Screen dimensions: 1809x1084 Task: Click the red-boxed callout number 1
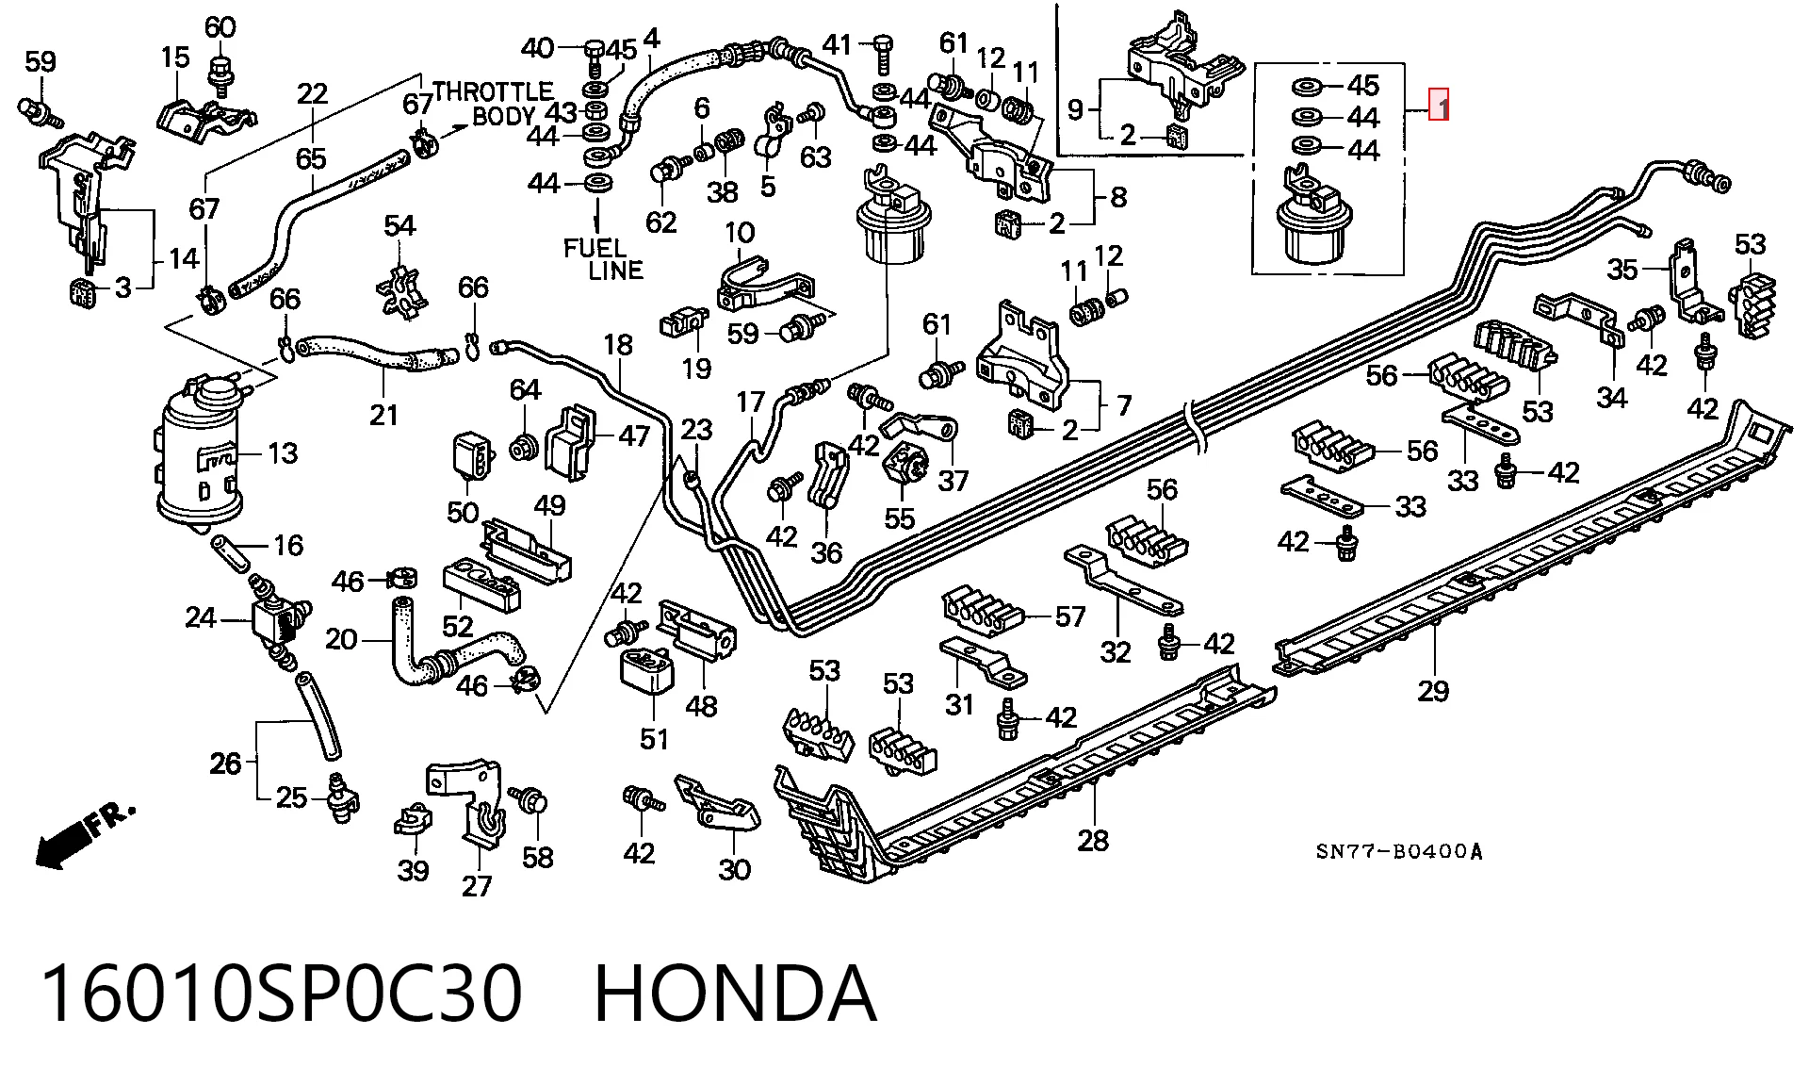coord(1439,106)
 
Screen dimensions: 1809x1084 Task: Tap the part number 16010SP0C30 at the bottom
coord(281,994)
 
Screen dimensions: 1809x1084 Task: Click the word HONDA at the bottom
coord(736,994)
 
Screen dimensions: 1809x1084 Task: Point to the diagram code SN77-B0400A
coord(1399,852)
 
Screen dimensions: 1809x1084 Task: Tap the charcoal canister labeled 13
coord(201,450)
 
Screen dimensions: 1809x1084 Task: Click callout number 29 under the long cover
coord(1433,691)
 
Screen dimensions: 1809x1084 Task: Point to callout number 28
coord(1093,839)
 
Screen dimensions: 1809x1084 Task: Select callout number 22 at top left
coord(312,93)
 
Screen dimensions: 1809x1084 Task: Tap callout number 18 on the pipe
coord(619,345)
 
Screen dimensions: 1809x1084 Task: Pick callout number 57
coord(1070,617)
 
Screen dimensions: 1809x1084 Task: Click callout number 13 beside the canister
coord(283,453)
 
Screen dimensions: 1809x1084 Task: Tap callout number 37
coord(953,481)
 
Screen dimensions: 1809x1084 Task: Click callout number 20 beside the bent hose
coord(341,640)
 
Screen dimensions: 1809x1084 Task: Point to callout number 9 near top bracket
coord(1076,109)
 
